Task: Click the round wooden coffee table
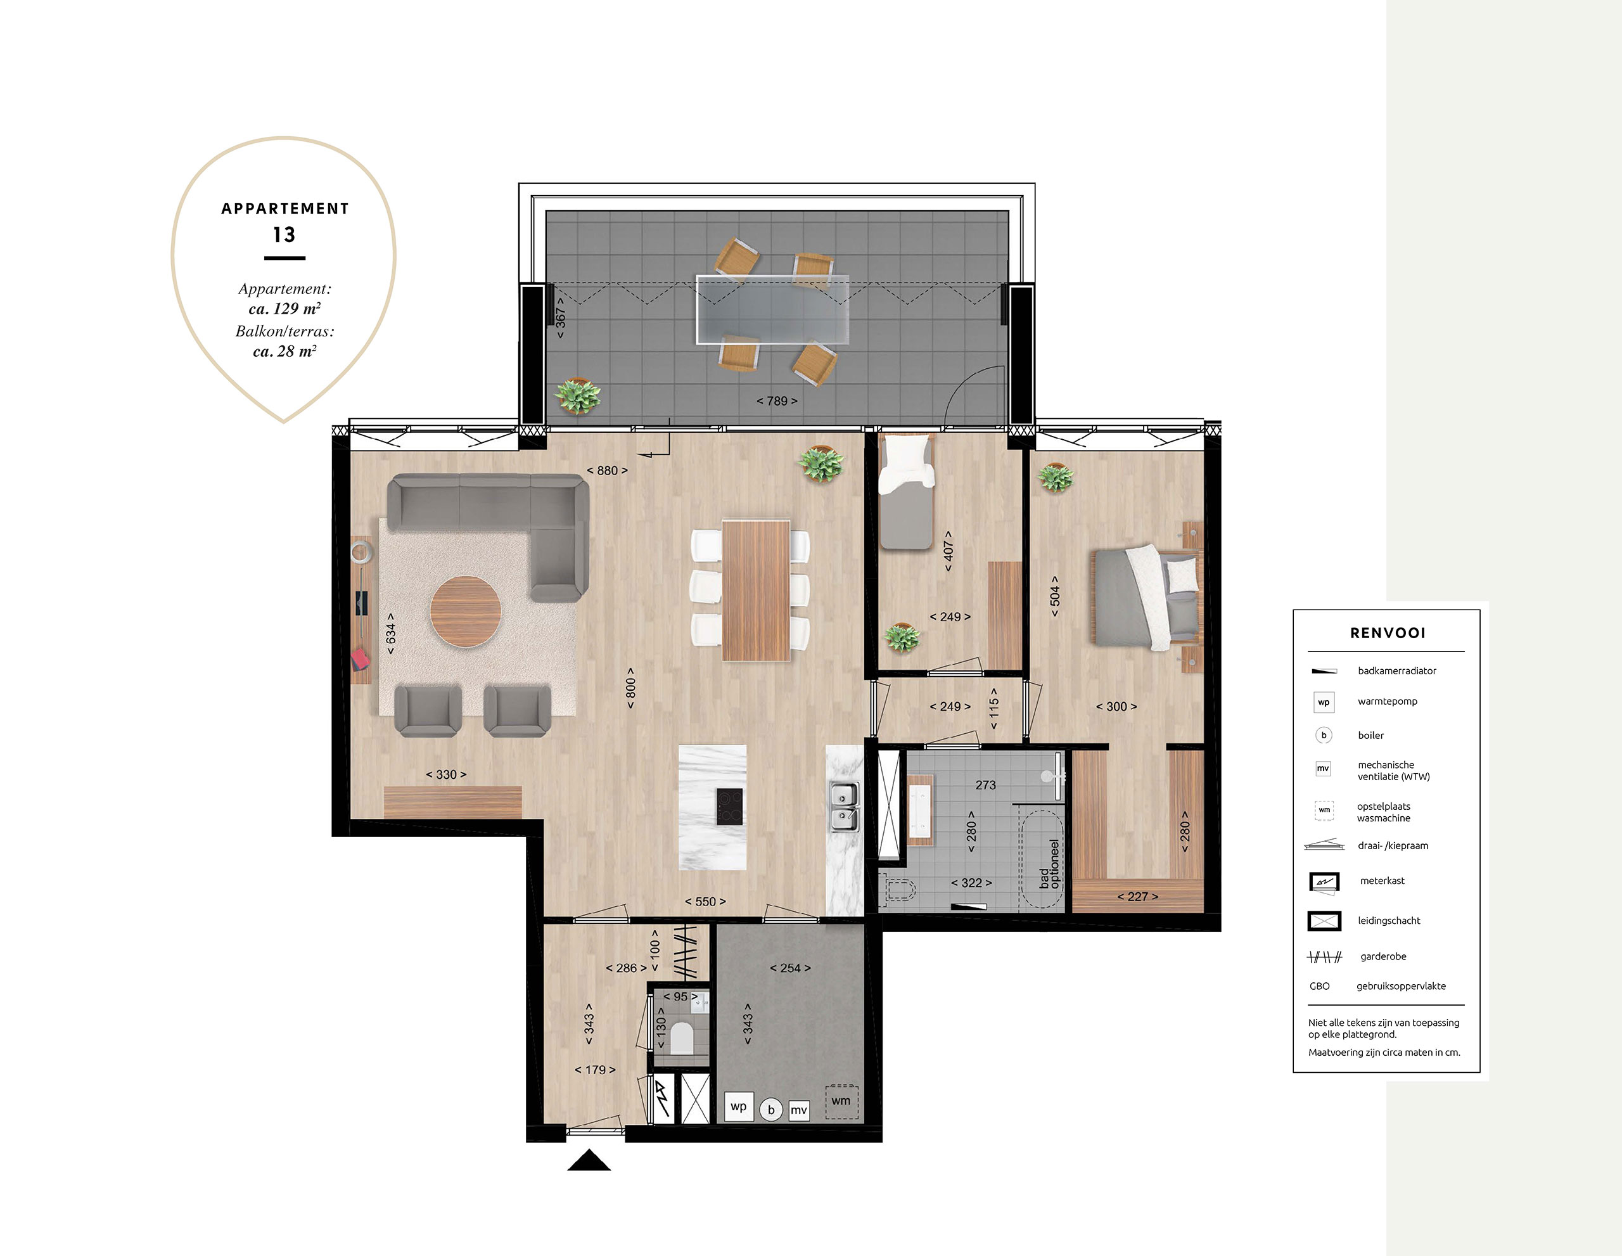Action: click(x=466, y=612)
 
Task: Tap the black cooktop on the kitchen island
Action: click(x=729, y=807)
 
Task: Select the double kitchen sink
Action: click(x=845, y=807)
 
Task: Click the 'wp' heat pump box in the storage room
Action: click(x=738, y=1106)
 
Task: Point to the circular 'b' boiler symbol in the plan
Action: click(x=772, y=1110)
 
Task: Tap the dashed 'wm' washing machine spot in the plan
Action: click(x=841, y=1101)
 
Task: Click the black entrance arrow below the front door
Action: click(x=589, y=1160)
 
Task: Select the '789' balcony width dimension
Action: click(x=777, y=401)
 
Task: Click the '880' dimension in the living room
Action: click(x=607, y=471)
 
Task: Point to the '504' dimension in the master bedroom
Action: click(x=1054, y=596)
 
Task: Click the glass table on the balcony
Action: click(x=772, y=310)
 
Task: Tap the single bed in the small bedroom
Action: click(x=905, y=492)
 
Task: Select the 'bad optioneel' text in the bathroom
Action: click(x=1049, y=864)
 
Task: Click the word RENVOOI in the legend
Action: click(x=1388, y=633)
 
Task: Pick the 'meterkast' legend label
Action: click(x=1382, y=881)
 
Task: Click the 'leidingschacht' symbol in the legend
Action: click(x=1324, y=921)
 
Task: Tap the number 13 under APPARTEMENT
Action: click(x=284, y=234)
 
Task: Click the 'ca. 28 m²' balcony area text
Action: click(x=285, y=351)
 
